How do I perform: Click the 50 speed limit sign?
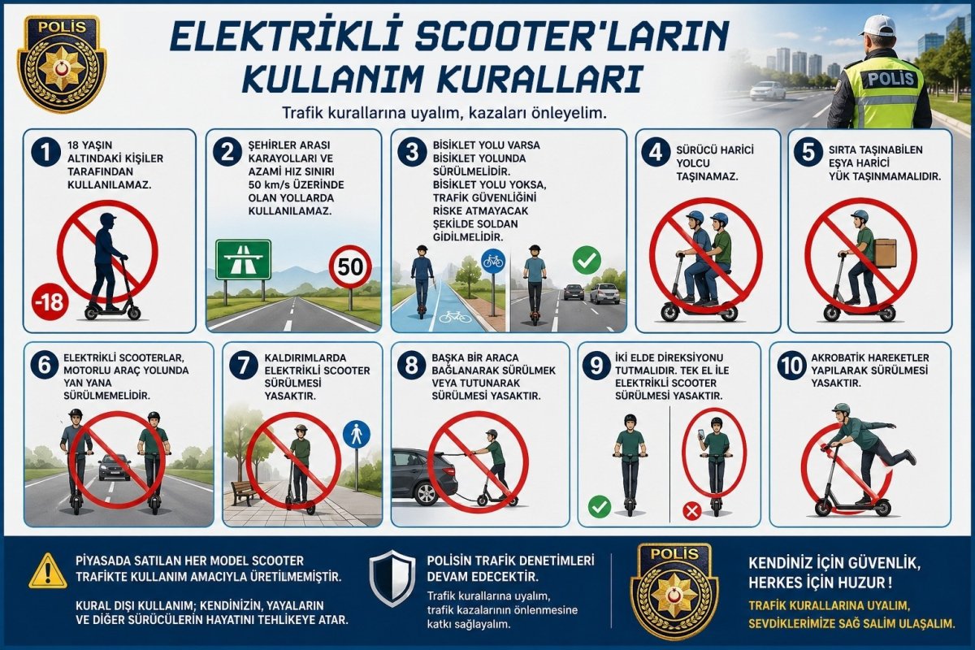pos(350,266)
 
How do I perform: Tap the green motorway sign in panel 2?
pos(243,259)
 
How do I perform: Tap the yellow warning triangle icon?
pos(48,571)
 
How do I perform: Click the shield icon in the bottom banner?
pos(392,578)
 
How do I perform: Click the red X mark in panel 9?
pos(691,511)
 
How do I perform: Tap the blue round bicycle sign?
pos(493,260)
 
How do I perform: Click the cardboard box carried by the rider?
pos(885,252)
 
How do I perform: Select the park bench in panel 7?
pos(243,492)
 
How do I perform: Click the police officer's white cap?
pos(878,25)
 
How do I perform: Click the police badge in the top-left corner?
pos(62,62)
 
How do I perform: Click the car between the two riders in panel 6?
pos(115,466)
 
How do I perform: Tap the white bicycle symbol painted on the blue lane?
pos(454,316)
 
